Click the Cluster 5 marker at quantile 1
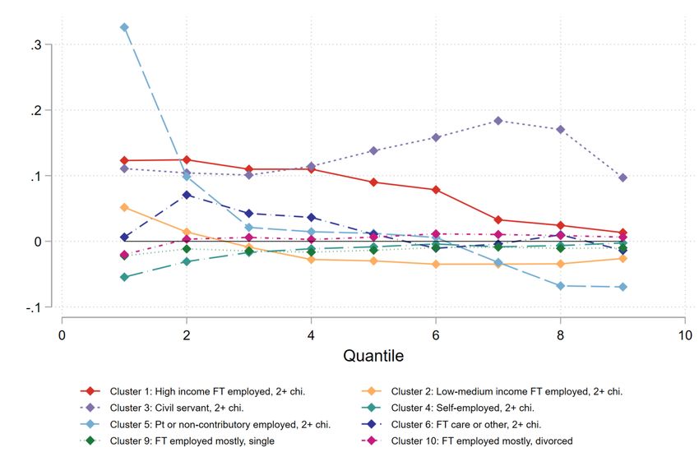(x=124, y=27)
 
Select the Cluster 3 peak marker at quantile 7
(x=498, y=121)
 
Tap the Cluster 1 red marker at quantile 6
(x=436, y=190)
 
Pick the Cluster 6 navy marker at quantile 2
(x=187, y=195)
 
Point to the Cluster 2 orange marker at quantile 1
(x=124, y=207)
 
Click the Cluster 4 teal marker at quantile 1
(x=124, y=277)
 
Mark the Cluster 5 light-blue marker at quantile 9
(x=623, y=287)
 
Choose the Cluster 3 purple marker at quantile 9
(x=623, y=178)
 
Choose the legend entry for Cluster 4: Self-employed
(x=463, y=408)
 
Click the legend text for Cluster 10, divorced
(x=481, y=441)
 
